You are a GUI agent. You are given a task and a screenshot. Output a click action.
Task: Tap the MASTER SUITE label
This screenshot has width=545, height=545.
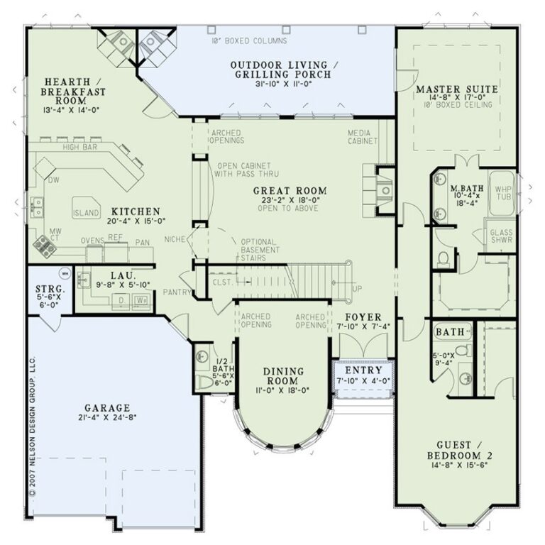(457, 89)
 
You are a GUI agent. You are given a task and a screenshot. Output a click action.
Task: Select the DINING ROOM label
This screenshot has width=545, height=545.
(283, 371)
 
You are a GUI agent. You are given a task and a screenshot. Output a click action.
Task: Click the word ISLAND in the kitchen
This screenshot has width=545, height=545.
(86, 213)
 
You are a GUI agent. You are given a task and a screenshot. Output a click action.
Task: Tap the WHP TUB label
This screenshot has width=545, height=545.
(502, 194)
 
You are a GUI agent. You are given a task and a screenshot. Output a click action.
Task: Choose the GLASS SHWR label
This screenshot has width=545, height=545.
(501, 235)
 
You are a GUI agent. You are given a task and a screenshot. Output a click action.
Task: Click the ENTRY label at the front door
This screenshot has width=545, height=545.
(363, 370)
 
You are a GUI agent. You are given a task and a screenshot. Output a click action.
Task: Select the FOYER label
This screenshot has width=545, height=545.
(364, 316)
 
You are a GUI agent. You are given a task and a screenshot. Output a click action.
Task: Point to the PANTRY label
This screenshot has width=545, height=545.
(174, 292)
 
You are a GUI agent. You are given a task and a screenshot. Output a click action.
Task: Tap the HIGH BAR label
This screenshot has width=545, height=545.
(79, 148)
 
